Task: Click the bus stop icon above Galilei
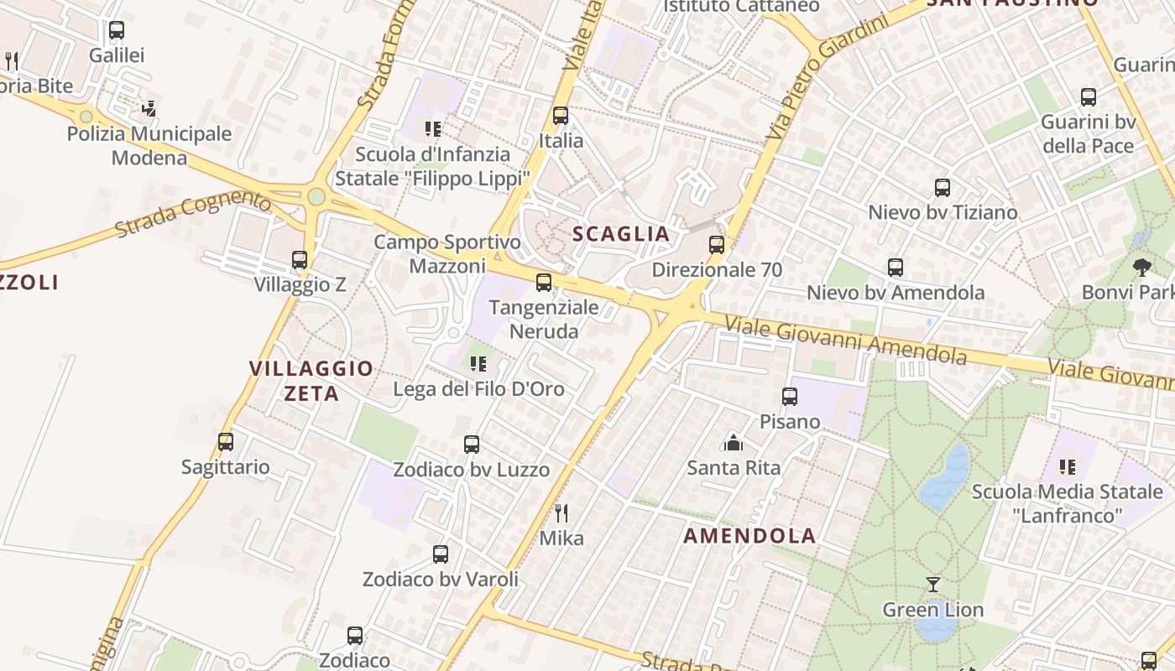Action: tap(117, 30)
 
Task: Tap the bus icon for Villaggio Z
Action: tap(300, 260)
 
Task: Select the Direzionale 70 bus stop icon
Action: tap(716, 245)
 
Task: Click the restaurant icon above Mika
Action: tap(561, 512)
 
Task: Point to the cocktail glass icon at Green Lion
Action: tap(932, 584)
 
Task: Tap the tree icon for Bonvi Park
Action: tap(1141, 268)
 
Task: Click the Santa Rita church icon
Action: tap(734, 442)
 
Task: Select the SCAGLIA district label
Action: tap(621, 234)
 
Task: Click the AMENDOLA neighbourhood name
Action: tap(749, 535)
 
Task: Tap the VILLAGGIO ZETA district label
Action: tap(311, 380)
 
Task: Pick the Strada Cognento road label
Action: tap(193, 214)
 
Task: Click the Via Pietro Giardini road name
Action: tap(827, 78)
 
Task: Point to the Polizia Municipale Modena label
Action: tap(149, 145)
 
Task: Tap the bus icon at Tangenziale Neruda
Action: tap(544, 282)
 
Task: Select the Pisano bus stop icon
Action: tap(790, 396)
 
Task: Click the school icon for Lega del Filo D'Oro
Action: tap(478, 364)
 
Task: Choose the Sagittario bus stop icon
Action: tap(226, 441)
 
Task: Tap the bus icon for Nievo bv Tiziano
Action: tap(943, 187)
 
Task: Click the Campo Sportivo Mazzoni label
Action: tap(447, 254)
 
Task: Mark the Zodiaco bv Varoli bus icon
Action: tap(441, 554)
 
